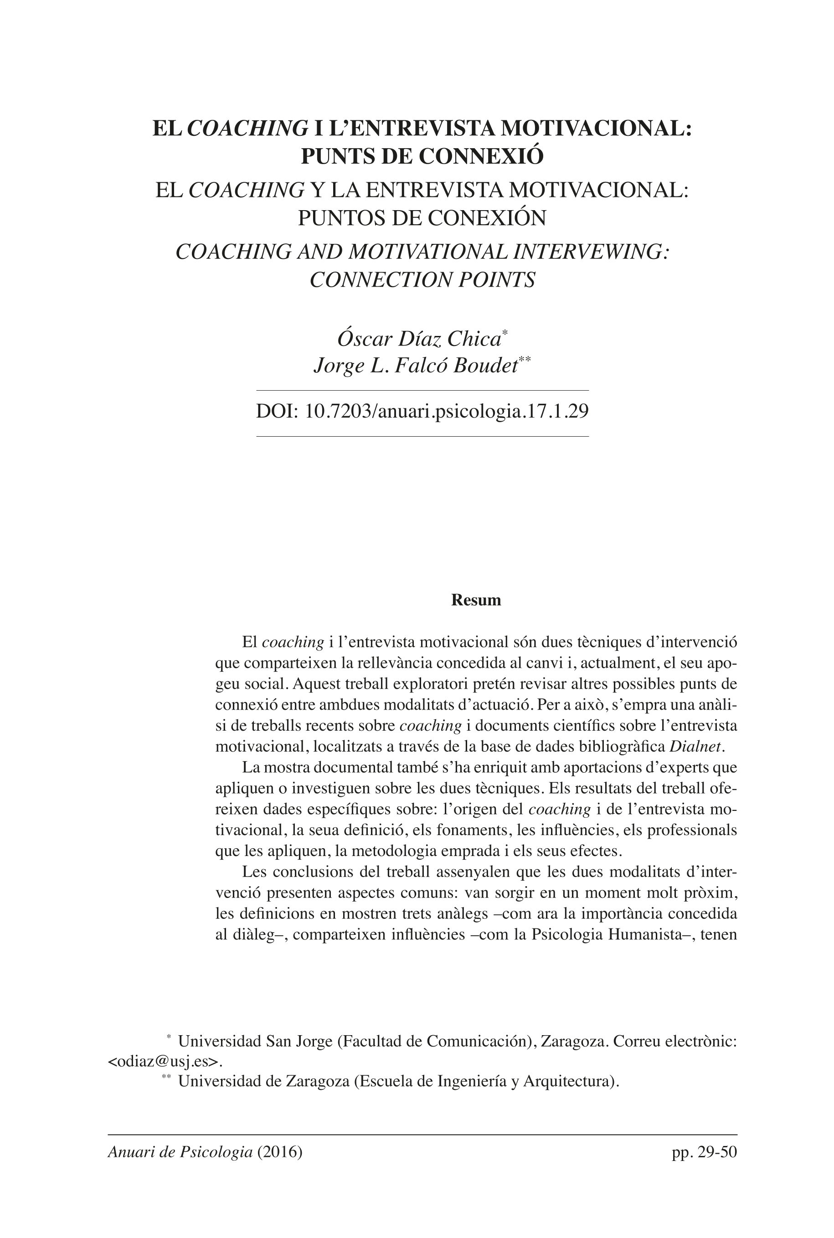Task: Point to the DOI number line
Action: point(422,412)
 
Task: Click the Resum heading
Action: point(476,600)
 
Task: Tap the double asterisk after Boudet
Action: point(525,360)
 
